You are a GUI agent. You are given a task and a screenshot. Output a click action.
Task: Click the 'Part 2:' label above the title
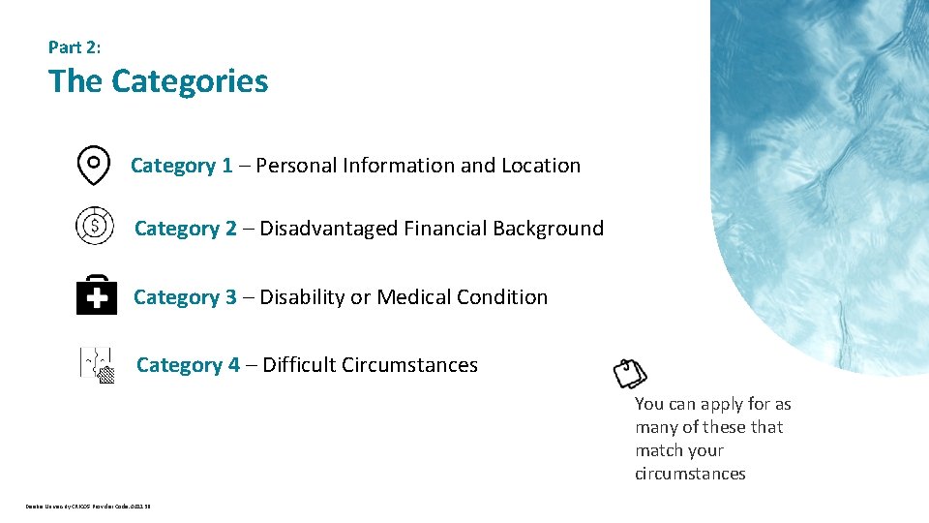coord(75,46)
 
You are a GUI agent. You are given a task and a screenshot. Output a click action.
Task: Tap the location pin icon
coord(93,166)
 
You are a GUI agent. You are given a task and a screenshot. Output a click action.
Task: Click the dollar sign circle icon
coord(95,226)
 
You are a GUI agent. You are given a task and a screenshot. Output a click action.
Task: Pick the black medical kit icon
coord(97,294)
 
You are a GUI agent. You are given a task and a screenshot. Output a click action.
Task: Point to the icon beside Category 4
coord(97,363)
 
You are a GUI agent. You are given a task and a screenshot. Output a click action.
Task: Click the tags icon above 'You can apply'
coord(630,373)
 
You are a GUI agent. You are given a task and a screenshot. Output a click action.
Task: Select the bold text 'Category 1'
coord(182,166)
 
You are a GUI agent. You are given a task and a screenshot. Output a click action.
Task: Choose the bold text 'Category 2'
coord(186,229)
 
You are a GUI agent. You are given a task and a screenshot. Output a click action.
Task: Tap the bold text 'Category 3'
coord(185,297)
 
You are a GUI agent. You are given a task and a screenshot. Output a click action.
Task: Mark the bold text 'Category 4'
coord(188,365)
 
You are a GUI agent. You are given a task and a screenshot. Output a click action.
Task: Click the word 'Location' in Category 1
coord(541,166)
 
